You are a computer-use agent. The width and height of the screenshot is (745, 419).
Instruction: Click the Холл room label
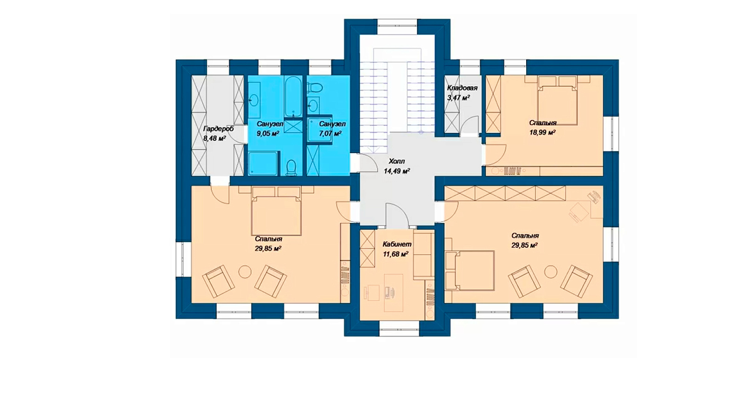[x=397, y=162]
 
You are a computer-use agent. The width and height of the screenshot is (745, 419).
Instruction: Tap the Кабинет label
[x=397, y=244]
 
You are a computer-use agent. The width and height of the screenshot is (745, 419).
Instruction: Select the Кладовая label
[x=462, y=88]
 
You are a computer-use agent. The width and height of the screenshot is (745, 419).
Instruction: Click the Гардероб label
[x=218, y=129]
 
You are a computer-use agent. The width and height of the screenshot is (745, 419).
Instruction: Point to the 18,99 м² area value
[x=543, y=132]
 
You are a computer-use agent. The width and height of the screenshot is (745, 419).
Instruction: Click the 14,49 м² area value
[x=397, y=171]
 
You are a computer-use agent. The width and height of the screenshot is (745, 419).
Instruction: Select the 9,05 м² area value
[x=268, y=134]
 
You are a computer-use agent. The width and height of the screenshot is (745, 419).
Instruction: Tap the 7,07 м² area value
[x=331, y=134]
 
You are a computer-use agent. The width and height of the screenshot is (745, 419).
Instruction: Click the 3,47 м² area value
[x=458, y=98]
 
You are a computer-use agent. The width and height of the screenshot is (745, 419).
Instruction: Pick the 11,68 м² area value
[x=396, y=254]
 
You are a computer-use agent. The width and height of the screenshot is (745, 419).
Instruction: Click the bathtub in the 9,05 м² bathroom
[x=293, y=97]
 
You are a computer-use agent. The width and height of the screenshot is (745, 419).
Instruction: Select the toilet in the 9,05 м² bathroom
[x=291, y=167]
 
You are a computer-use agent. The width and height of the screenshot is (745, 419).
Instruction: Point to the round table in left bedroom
[x=245, y=272]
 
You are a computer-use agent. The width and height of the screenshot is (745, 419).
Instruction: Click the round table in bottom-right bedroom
[x=551, y=272]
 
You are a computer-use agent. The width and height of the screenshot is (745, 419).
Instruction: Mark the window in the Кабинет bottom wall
[x=399, y=329]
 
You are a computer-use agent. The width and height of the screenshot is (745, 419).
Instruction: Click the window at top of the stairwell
[x=397, y=27]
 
